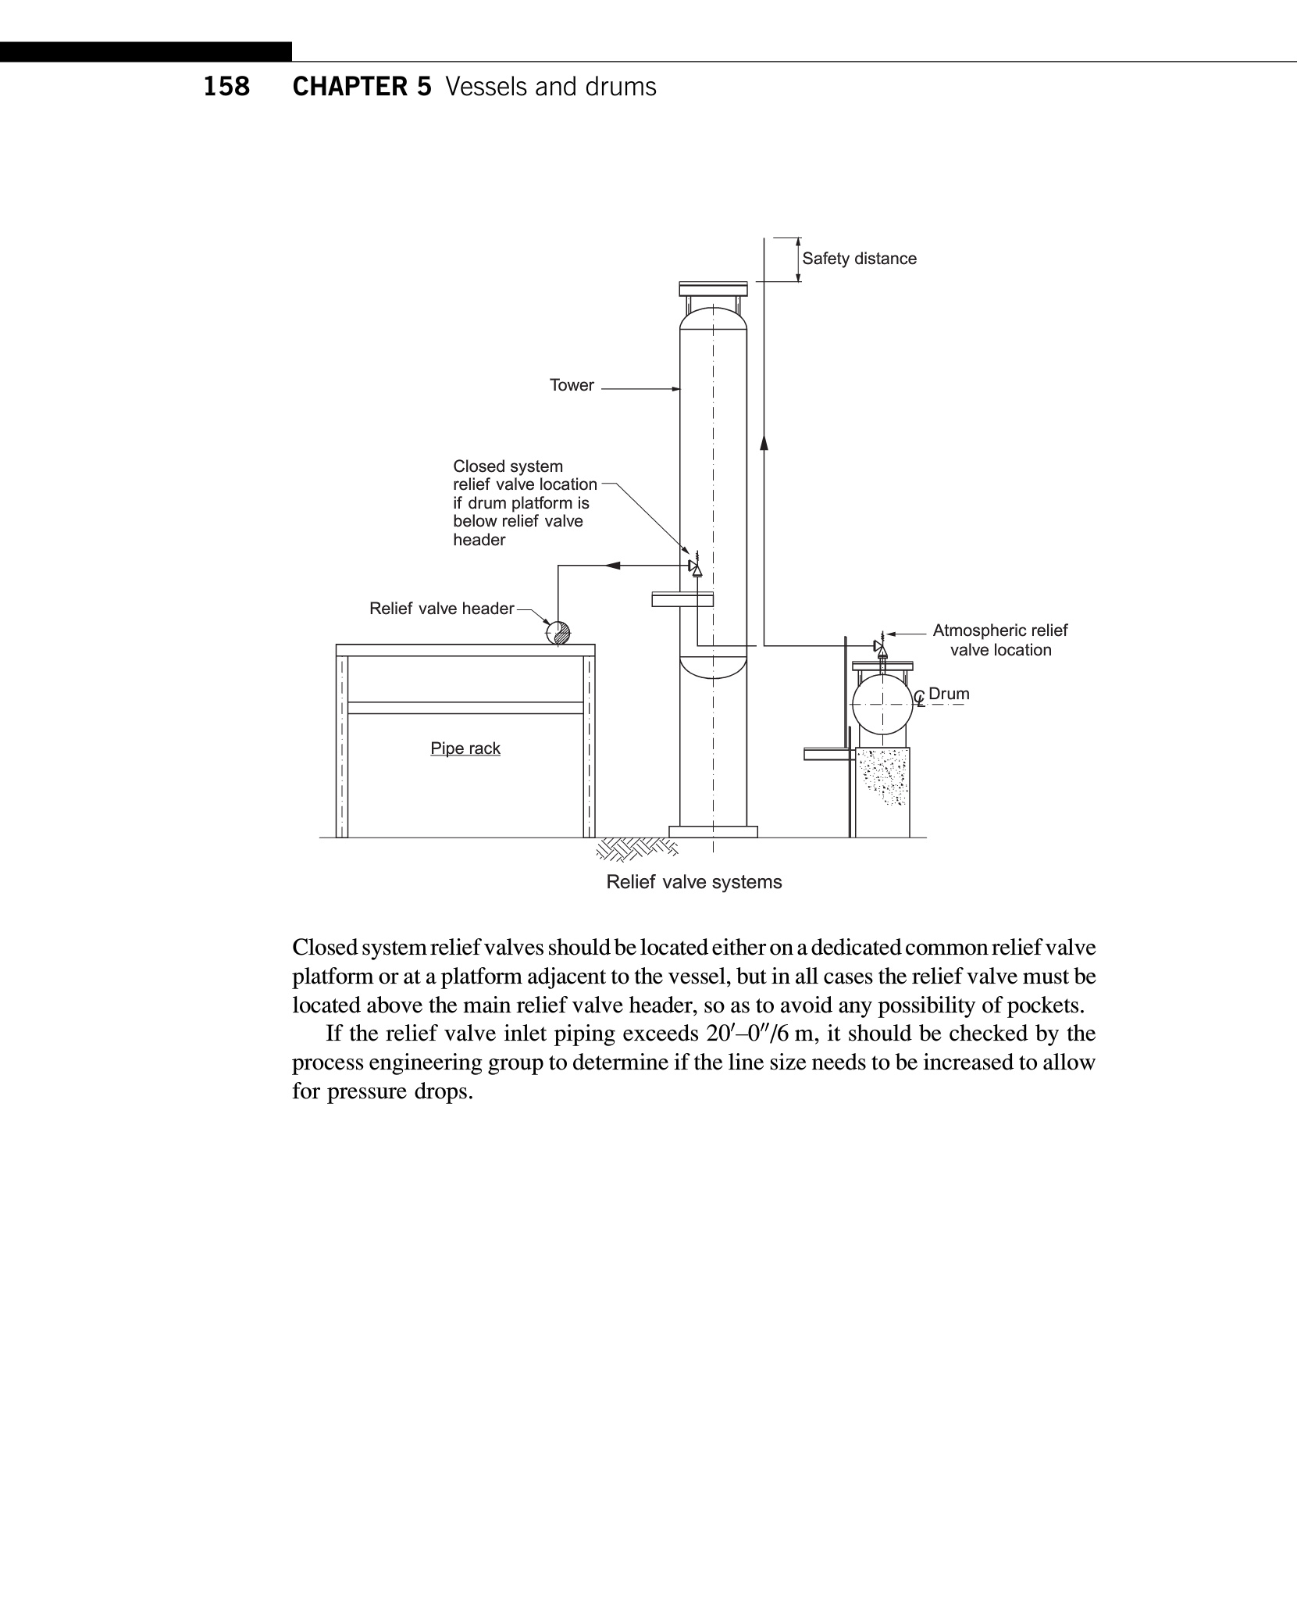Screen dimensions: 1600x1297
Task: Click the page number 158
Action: pos(226,86)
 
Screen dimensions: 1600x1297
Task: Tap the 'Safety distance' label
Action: pos(859,259)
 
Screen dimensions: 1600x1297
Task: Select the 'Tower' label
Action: pos(572,385)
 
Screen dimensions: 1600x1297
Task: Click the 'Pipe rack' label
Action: pos(465,748)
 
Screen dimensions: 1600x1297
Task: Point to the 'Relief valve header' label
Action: pos(441,609)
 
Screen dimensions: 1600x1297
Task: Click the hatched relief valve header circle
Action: pos(558,632)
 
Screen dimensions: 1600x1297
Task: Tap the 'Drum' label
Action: pos(949,694)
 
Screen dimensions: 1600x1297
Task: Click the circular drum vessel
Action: pos(882,705)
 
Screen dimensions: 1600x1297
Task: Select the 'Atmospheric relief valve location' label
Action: pos(999,640)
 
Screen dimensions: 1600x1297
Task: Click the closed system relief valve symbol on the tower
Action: pos(695,566)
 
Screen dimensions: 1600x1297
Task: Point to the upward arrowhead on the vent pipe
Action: pos(764,442)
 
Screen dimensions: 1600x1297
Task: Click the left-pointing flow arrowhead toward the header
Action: pos(613,565)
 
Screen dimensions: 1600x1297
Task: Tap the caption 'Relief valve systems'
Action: pos(693,882)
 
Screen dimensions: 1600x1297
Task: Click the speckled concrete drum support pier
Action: pos(882,778)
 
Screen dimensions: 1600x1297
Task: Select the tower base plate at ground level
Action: pos(713,831)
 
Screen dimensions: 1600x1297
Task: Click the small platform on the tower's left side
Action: pos(682,599)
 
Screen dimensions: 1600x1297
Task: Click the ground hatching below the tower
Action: pos(636,848)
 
